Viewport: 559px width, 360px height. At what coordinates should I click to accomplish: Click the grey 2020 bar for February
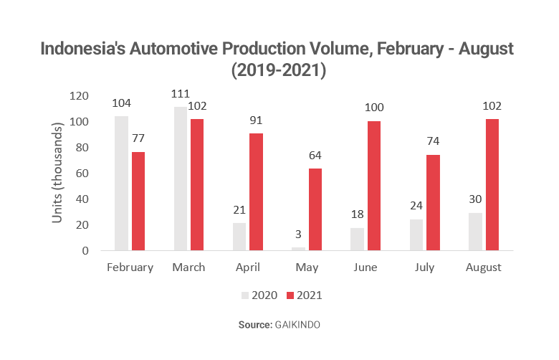pyautogui.click(x=121, y=184)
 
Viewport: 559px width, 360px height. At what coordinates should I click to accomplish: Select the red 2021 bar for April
pyautogui.click(x=256, y=192)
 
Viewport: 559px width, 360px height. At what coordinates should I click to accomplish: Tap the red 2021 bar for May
pyautogui.click(x=315, y=209)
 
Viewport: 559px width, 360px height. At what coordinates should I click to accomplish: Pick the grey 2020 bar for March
pyautogui.click(x=180, y=179)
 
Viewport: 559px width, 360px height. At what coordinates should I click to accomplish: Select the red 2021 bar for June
pyautogui.click(x=374, y=186)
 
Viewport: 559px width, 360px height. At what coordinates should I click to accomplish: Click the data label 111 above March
pyautogui.click(x=180, y=94)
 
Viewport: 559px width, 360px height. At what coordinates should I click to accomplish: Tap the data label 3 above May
pyautogui.click(x=298, y=234)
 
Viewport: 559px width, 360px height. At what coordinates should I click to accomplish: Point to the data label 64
pyautogui.click(x=315, y=155)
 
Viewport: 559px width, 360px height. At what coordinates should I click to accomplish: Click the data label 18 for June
pyautogui.click(x=356, y=214)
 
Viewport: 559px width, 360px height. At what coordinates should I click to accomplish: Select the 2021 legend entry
pyautogui.click(x=306, y=295)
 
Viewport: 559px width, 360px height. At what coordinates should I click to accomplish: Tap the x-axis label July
pyautogui.click(x=426, y=267)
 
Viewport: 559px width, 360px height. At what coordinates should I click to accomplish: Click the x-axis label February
pyautogui.click(x=130, y=267)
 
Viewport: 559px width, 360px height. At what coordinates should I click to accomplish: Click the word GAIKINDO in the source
pyautogui.click(x=297, y=325)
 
